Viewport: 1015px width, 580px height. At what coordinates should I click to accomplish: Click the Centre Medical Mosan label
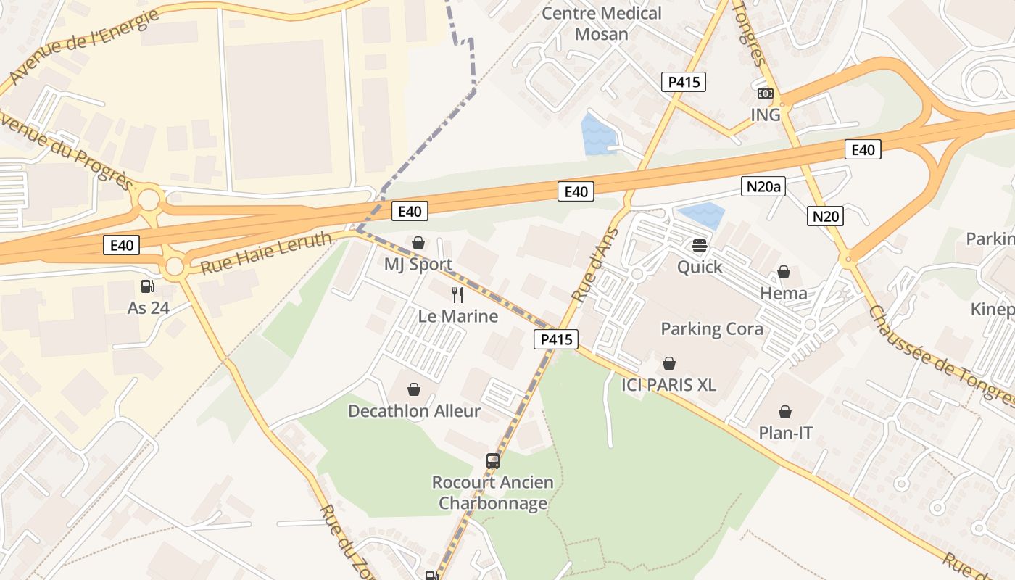click(602, 23)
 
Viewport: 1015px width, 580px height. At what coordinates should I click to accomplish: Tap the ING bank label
click(766, 115)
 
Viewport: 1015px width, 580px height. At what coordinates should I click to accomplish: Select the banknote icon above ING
click(766, 94)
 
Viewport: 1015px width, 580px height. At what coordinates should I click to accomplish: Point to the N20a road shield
click(764, 187)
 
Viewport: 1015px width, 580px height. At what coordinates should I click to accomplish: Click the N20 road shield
click(826, 215)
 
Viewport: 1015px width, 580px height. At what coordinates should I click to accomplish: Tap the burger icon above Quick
click(700, 246)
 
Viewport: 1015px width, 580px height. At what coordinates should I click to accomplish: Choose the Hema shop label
click(784, 293)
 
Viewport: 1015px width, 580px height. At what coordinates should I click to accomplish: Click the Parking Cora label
click(711, 328)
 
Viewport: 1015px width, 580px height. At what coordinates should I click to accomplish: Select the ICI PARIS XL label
click(668, 384)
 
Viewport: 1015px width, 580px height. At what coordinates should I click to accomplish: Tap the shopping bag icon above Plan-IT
click(785, 413)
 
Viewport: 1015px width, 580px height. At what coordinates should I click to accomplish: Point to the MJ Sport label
click(418, 264)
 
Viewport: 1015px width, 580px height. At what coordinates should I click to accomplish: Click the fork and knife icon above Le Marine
click(457, 294)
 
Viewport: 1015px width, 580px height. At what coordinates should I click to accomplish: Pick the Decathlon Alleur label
click(414, 411)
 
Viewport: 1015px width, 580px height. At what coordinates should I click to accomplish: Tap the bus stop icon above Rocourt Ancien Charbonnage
click(493, 460)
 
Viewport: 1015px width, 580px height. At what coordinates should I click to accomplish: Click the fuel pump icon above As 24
click(148, 286)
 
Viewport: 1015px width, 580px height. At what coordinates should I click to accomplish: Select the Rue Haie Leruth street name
click(266, 252)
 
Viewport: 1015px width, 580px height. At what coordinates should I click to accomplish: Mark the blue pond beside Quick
click(700, 215)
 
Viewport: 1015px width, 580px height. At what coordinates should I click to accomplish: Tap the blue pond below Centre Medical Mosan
click(598, 135)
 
